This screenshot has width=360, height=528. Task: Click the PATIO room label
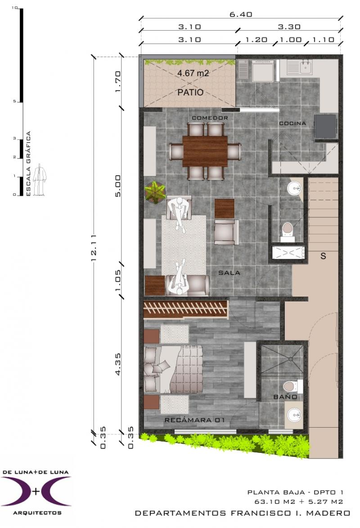190,92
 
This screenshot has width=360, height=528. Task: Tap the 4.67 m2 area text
193,73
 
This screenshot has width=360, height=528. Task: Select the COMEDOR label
210,118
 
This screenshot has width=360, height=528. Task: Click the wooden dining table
205,151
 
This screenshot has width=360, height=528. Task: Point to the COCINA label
292,123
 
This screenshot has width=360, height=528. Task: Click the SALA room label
229,273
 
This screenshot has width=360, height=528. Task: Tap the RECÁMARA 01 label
194,420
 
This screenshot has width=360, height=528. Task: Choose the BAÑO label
285,397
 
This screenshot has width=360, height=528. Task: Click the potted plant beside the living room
155,193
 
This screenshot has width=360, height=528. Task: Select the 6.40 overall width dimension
241,14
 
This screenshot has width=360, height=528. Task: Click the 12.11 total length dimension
94,248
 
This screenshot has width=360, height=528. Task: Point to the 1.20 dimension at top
256,40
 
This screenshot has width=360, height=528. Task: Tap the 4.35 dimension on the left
118,364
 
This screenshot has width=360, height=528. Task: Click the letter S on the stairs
323,256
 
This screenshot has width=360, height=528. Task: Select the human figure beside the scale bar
41,179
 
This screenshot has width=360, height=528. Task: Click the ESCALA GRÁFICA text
28,164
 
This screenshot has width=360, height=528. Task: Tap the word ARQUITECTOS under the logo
37,513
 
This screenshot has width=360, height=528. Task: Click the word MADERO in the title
331,513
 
